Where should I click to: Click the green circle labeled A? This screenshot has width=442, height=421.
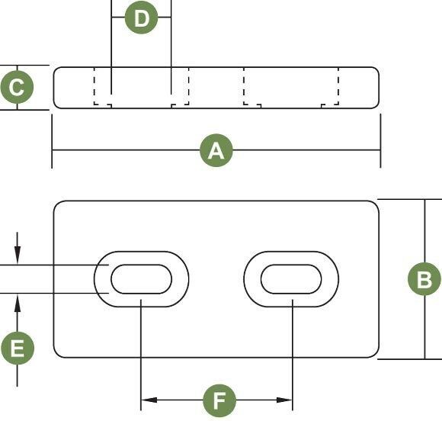click(216, 150)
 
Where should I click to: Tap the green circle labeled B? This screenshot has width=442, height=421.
click(424, 279)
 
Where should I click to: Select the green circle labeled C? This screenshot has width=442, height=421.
click(17, 87)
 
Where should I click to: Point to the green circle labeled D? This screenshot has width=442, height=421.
click(141, 18)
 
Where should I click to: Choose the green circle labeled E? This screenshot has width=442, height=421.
click(18, 349)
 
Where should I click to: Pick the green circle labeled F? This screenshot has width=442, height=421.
click(219, 400)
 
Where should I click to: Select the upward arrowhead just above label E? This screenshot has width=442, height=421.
click(18, 304)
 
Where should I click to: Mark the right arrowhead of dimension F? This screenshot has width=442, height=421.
click(284, 400)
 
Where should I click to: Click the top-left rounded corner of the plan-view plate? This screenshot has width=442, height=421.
click(56, 204)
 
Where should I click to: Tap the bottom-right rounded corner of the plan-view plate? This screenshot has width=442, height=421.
click(376, 355)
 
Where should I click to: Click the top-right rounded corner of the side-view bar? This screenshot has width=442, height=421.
click(377, 69)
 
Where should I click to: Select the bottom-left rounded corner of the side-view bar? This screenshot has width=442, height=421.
click(56, 106)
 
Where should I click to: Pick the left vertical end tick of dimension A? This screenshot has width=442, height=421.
click(52, 141)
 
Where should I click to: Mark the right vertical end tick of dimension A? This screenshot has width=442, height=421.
click(380, 141)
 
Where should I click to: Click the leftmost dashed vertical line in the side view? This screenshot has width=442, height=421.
click(94, 86)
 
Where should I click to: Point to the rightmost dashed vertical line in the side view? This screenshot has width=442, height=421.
click(338, 86)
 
